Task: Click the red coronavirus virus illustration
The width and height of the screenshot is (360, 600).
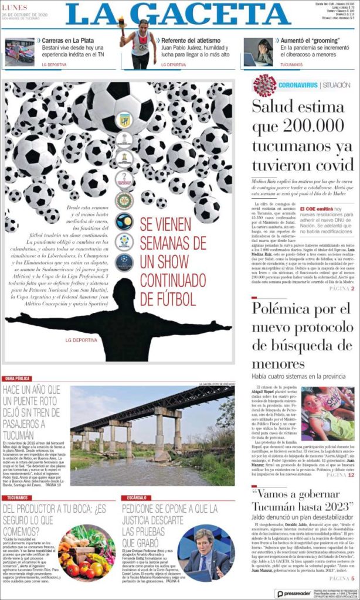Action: pyautogui.click(x=264, y=85)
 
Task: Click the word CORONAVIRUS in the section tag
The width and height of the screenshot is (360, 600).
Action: pyautogui.click(x=298, y=86)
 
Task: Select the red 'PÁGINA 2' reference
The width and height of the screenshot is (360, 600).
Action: pyautogui.click(x=341, y=289)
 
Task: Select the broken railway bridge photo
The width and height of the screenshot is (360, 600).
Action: pyautogui.click(x=152, y=435)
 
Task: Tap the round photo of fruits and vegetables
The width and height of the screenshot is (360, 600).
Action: pyautogui.click(x=86, y=553)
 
